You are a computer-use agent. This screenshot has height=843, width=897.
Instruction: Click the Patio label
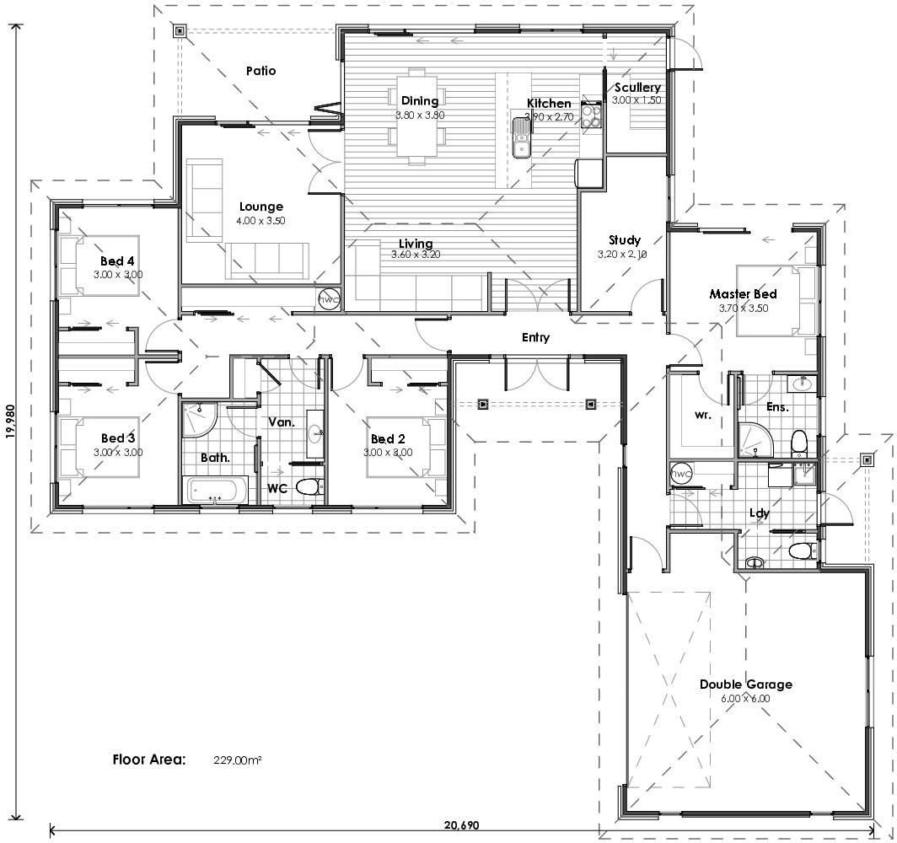coord(261,71)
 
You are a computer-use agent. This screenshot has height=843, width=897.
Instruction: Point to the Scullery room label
coord(637,88)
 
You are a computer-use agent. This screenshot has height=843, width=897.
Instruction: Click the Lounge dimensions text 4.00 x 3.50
coord(261,220)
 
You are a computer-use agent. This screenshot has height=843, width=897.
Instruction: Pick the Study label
coord(625,240)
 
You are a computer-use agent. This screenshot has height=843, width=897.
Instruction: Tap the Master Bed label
coord(743,294)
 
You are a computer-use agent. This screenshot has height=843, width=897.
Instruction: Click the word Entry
coord(535,337)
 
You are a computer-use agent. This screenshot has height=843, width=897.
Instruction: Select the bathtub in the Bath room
coord(216,491)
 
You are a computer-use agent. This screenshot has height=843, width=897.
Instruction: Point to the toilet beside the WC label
coord(309,487)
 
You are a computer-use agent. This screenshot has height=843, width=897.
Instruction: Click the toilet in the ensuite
coord(798,442)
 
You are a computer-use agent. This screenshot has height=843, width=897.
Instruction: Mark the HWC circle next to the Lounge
coord(328,299)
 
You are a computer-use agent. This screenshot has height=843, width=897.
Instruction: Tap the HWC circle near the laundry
coord(681,474)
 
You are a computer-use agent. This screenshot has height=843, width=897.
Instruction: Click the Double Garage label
coord(745,685)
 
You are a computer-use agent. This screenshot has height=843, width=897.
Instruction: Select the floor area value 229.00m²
coord(237,760)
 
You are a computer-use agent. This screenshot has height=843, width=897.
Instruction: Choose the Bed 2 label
coord(389,439)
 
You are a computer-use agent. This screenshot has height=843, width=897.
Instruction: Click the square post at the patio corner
coord(180,32)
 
